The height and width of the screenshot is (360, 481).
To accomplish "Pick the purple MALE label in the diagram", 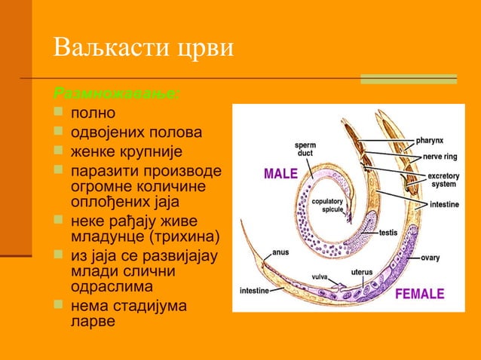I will (280, 174).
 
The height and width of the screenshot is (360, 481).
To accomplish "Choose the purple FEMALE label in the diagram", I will (420, 294).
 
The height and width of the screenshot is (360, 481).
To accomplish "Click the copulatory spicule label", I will (327, 206).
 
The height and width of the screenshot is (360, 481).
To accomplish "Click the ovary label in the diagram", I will (430, 258).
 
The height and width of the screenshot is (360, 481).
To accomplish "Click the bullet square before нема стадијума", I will (60, 306).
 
